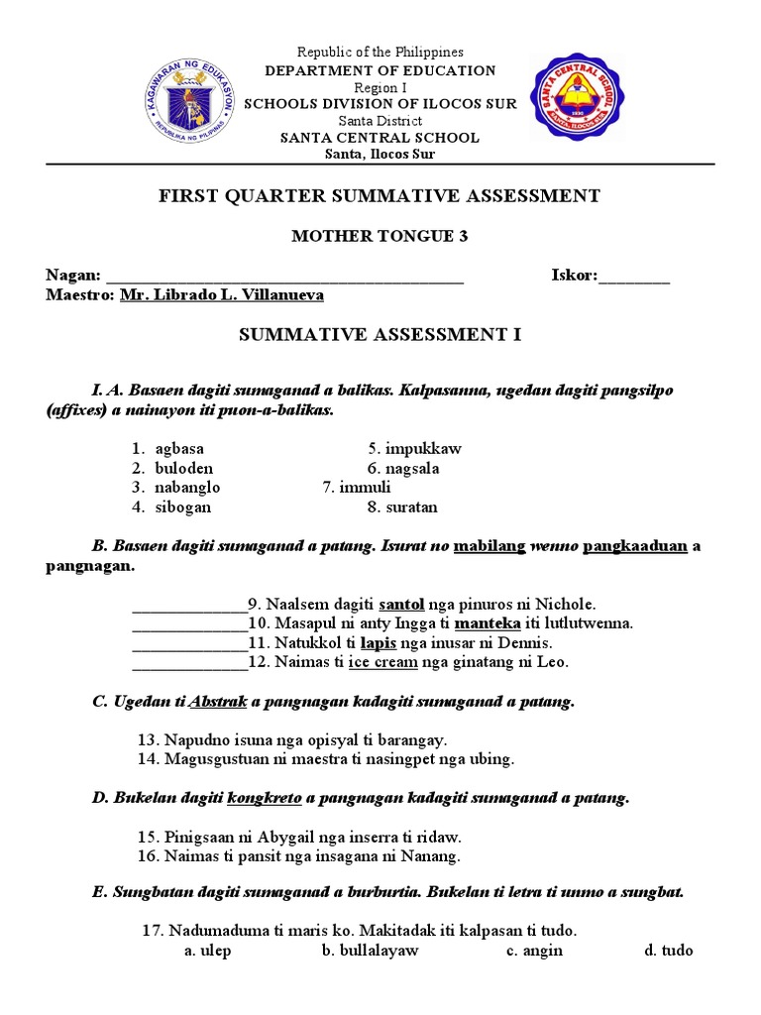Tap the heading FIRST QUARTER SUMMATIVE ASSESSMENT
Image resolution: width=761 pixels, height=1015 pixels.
click(380, 196)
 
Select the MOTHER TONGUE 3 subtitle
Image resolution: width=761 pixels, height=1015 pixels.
click(380, 237)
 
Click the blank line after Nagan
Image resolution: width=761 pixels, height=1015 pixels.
click(284, 277)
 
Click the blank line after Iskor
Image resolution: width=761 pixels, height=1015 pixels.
click(634, 277)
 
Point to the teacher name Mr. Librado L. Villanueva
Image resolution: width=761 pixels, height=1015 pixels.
click(221, 295)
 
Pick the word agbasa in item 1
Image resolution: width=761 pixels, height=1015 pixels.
click(179, 448)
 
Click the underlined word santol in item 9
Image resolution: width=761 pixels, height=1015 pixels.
click(380, 603)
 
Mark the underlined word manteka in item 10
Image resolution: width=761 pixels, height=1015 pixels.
click(488, 622)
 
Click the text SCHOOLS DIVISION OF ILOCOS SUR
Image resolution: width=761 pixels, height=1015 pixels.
click(380, 104)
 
